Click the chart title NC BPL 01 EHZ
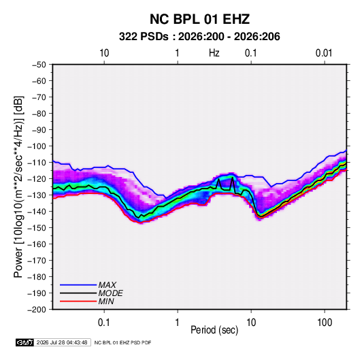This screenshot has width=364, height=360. (x=199, y=19)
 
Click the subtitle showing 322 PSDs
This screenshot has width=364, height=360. (x=199, y=37)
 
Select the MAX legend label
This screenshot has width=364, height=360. (x=107, y=284)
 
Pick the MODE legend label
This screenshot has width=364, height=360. (x=110, y=293)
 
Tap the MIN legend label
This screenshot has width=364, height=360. (x=106, y=301)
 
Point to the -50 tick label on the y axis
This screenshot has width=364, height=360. (x=39, y=65)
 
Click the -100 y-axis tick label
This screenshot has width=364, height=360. (x=37, y=146)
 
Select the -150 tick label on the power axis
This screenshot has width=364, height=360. (x=37, y=228)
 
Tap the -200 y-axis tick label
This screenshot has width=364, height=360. (x=37, y=310)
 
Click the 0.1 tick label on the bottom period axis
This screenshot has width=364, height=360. (x=104, y=323)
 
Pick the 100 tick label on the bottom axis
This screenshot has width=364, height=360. (x=325, y=323)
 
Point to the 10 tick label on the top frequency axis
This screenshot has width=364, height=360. (x=104, y=53)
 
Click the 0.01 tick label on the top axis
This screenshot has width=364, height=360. (x=324, y=53)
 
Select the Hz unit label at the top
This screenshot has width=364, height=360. (x=214, y=53)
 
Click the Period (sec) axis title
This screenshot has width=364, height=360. (x=214, y=330)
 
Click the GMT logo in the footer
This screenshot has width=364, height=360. (x=25, y=342)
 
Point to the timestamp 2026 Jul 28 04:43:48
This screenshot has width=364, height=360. (x=62, y=342)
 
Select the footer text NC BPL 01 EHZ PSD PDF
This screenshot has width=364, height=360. (x=122, y=342)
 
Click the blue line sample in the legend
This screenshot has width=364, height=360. (x=78, y=285)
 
